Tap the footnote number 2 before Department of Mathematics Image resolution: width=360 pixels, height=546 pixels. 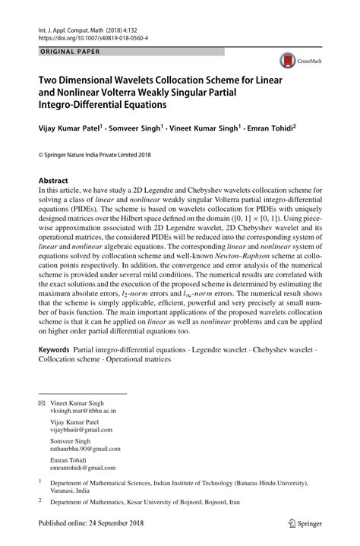tap(40, 501)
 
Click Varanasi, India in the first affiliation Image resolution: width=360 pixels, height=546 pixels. tap(71, 490)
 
